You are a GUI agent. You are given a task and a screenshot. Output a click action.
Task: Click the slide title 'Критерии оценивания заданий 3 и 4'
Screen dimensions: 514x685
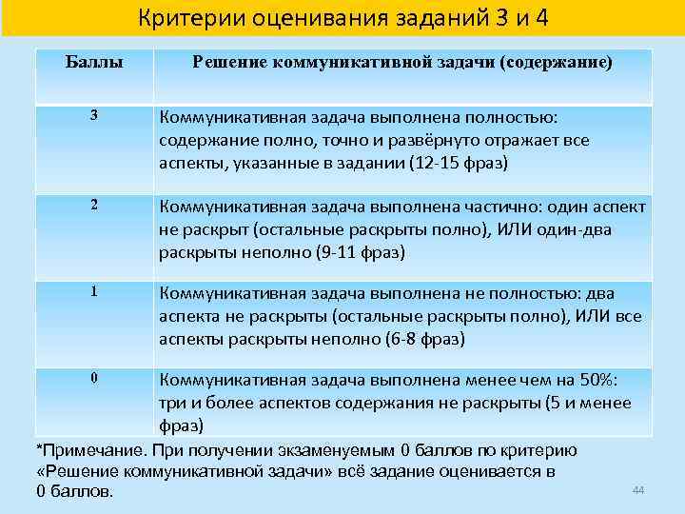coord(342,18)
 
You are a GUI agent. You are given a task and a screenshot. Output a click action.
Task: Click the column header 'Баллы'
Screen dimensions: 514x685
coord(95,63)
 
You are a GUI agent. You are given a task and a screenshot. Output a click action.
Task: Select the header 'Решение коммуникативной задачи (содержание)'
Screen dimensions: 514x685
coord(402,63)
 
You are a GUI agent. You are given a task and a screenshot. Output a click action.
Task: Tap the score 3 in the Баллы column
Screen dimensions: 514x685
coord(94,116)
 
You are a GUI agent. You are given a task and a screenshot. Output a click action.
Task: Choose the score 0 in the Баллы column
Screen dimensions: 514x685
coord(94,378)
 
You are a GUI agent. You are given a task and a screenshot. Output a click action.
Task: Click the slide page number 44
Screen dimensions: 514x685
coord(638,489)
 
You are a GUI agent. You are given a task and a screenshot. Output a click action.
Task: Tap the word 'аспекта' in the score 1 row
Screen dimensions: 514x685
coord(188,317)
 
